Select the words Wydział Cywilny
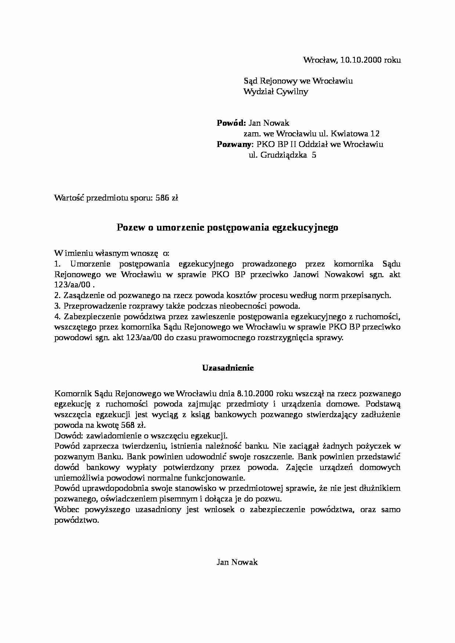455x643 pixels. (x=276, y=92)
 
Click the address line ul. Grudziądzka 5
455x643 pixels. (x=283, y=155)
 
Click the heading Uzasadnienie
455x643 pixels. (x=228, y=368)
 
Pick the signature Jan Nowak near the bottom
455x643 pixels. (x=237, y=562)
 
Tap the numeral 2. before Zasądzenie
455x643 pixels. (x=57, y=295)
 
